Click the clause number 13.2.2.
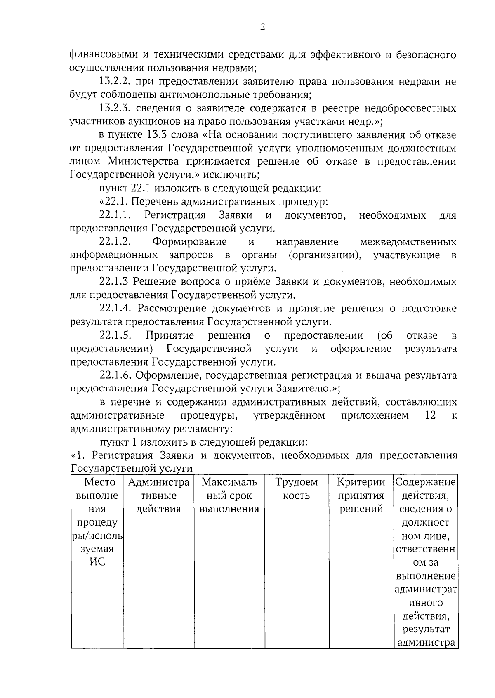[x=115, y=82]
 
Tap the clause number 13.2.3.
[x=115, y=108]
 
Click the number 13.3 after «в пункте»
[x=158, y=135]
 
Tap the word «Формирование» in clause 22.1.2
[x=189, y=242]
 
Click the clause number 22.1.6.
[x=115, y=375]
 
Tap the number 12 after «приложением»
[x=430, y=415]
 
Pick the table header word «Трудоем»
[x=296, y=482]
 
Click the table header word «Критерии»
[x=361, y=482]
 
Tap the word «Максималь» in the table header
[x=229, y=482]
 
